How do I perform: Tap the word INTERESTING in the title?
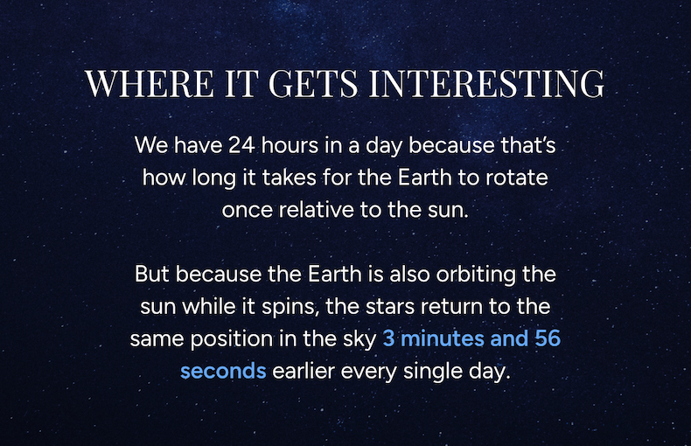click(487, 83)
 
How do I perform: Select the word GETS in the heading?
click(316, 83)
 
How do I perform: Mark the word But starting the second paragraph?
click(152, 275)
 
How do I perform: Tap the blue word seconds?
click(223, 371)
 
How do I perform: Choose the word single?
click(425, 371)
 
